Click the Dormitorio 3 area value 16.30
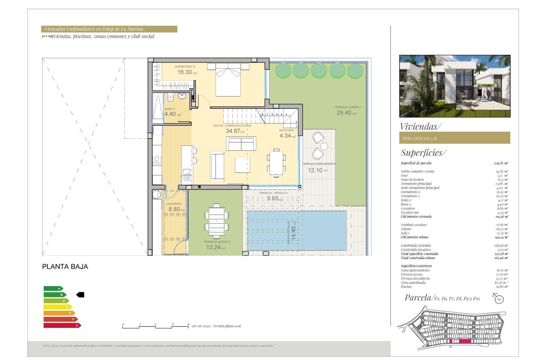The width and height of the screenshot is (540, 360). (x=184, y=72)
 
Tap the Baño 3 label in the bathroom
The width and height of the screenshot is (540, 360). (x=170, y=109)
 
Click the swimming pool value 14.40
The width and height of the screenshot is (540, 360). (x=293, y=233)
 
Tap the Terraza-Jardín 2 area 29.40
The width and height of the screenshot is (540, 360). (x=344, y=113)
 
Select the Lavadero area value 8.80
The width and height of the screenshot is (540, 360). (x=174, y=209)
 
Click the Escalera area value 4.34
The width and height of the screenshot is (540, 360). (x=285, y=136)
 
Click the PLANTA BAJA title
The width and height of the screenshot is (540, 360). (x=65, y=267)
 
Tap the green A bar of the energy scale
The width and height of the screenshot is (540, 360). (x=53, y=289)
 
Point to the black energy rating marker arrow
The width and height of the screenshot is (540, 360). (x=80, y=295)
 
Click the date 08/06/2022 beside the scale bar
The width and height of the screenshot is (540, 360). (x=201, y=326)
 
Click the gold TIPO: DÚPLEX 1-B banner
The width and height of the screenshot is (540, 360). (x=454, y=138)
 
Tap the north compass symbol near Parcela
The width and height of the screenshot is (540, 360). (x=499, y=298)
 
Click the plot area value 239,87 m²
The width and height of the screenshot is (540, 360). (x=501, y=163)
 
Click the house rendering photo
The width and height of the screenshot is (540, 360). (x=454, y=86)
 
